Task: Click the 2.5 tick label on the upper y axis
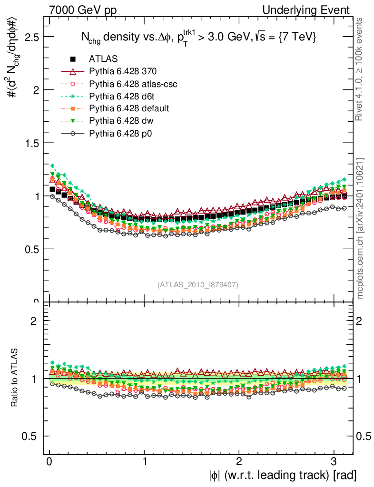[x=31, y=37]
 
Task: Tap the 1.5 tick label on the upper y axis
[x=31, y=143]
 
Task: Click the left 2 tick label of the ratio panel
[x=34, y=321]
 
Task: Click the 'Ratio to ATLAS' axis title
[x=14, y=378]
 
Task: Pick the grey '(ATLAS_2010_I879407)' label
[x=198, y=284]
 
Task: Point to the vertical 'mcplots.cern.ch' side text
[x=360, y=228]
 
